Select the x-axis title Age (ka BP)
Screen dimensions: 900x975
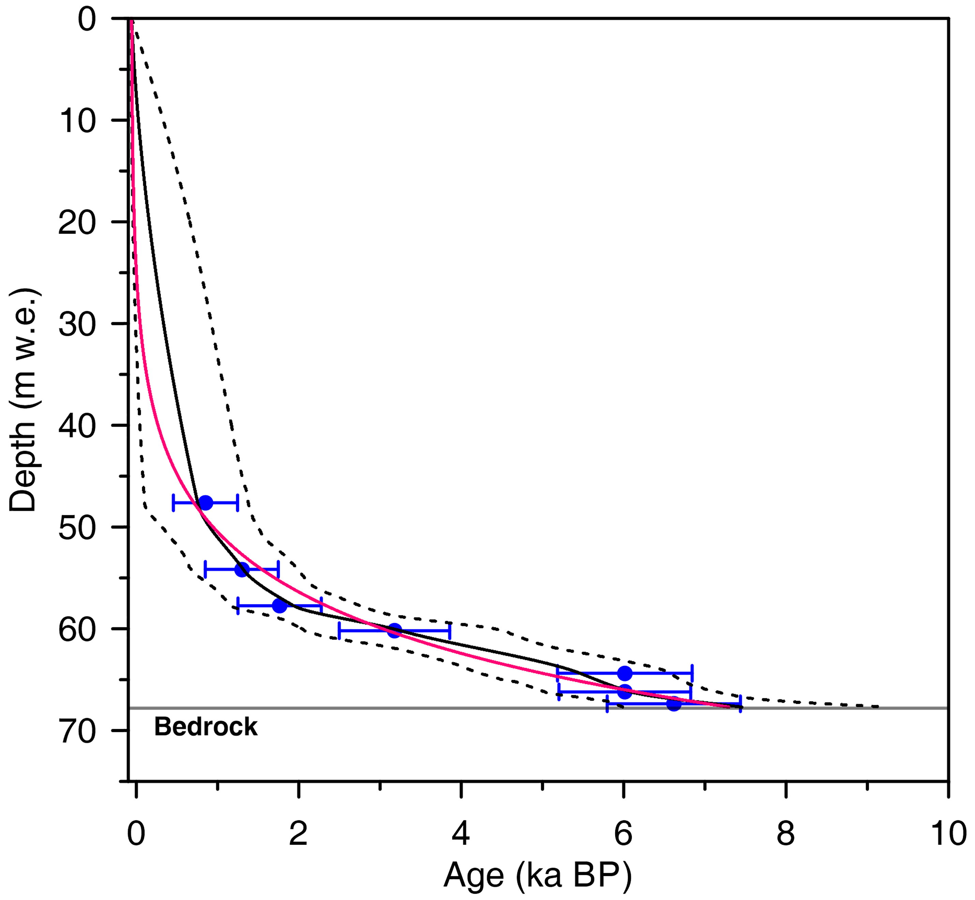(537, 875)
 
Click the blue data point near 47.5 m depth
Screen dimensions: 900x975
(206, 503)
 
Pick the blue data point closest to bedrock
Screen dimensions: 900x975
(673, 704)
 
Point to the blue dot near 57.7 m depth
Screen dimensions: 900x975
(279, 606)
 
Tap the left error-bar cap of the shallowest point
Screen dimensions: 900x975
(173, 503)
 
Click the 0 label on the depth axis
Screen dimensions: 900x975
(87, 20)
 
